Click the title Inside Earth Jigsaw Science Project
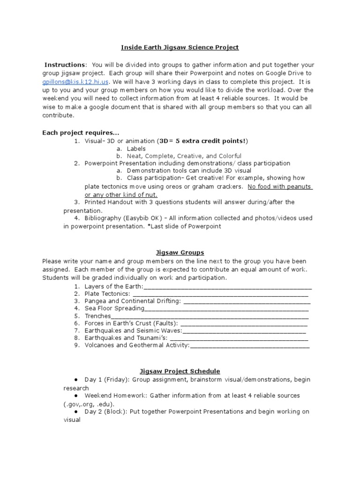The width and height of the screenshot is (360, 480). pos(180,47)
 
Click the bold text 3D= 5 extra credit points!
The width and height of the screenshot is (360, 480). pos(203,141)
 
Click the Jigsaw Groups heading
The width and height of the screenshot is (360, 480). pos(180,253)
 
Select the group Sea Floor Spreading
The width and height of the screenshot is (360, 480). pos(114,308)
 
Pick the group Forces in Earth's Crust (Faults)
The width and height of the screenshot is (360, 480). pos(131,323)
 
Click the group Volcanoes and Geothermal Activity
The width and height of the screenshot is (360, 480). pos(137,345)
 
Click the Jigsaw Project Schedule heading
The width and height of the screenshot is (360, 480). pos(180,371)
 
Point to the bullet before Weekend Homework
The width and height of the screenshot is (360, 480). pos(76,396)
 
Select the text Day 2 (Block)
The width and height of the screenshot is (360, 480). pos(106,412)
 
